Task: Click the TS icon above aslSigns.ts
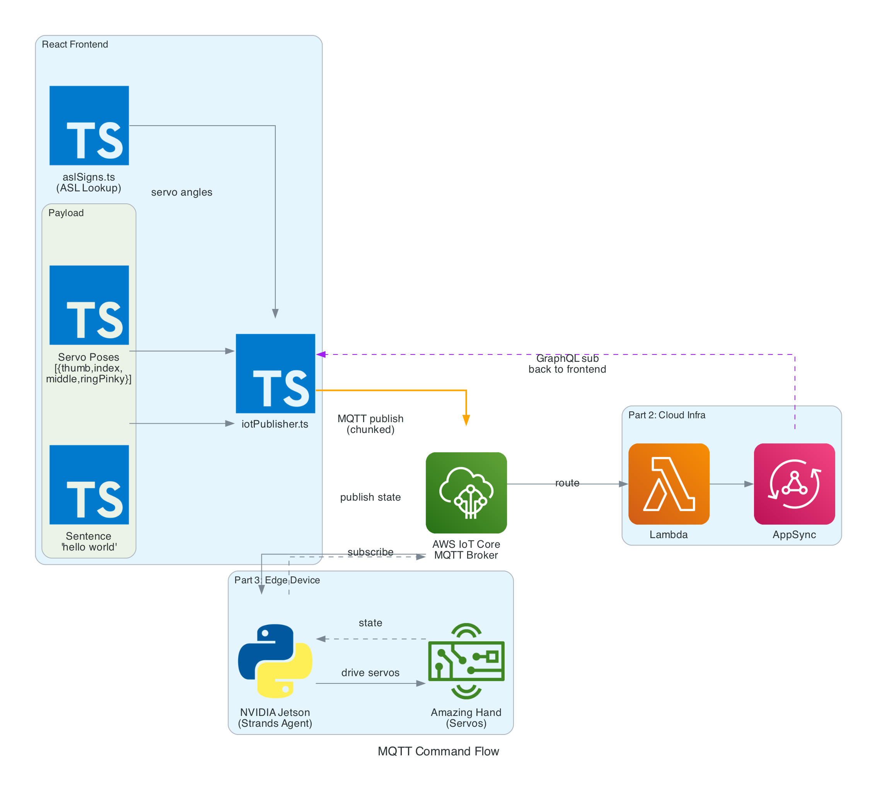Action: (89, 125)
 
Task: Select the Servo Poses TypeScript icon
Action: (89, 305)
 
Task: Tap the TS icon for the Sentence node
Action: (89, 484)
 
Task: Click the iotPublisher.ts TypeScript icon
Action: (275, 373)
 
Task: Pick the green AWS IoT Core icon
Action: (466, 492)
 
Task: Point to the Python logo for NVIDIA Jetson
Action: (275, 661)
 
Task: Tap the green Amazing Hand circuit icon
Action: (466, 661)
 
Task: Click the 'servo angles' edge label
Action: (181, 192)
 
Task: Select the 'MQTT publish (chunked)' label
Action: (370, 424)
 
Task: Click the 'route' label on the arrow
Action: (567, 482)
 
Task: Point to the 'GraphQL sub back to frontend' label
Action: (567, 363)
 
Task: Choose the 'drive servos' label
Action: (370, 672)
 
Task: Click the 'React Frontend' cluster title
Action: (75, 44)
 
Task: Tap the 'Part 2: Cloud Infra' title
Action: (666, 414)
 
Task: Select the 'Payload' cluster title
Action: (65, 213)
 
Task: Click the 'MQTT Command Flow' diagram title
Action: (438, 751)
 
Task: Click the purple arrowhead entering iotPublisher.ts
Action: (321, 354)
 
